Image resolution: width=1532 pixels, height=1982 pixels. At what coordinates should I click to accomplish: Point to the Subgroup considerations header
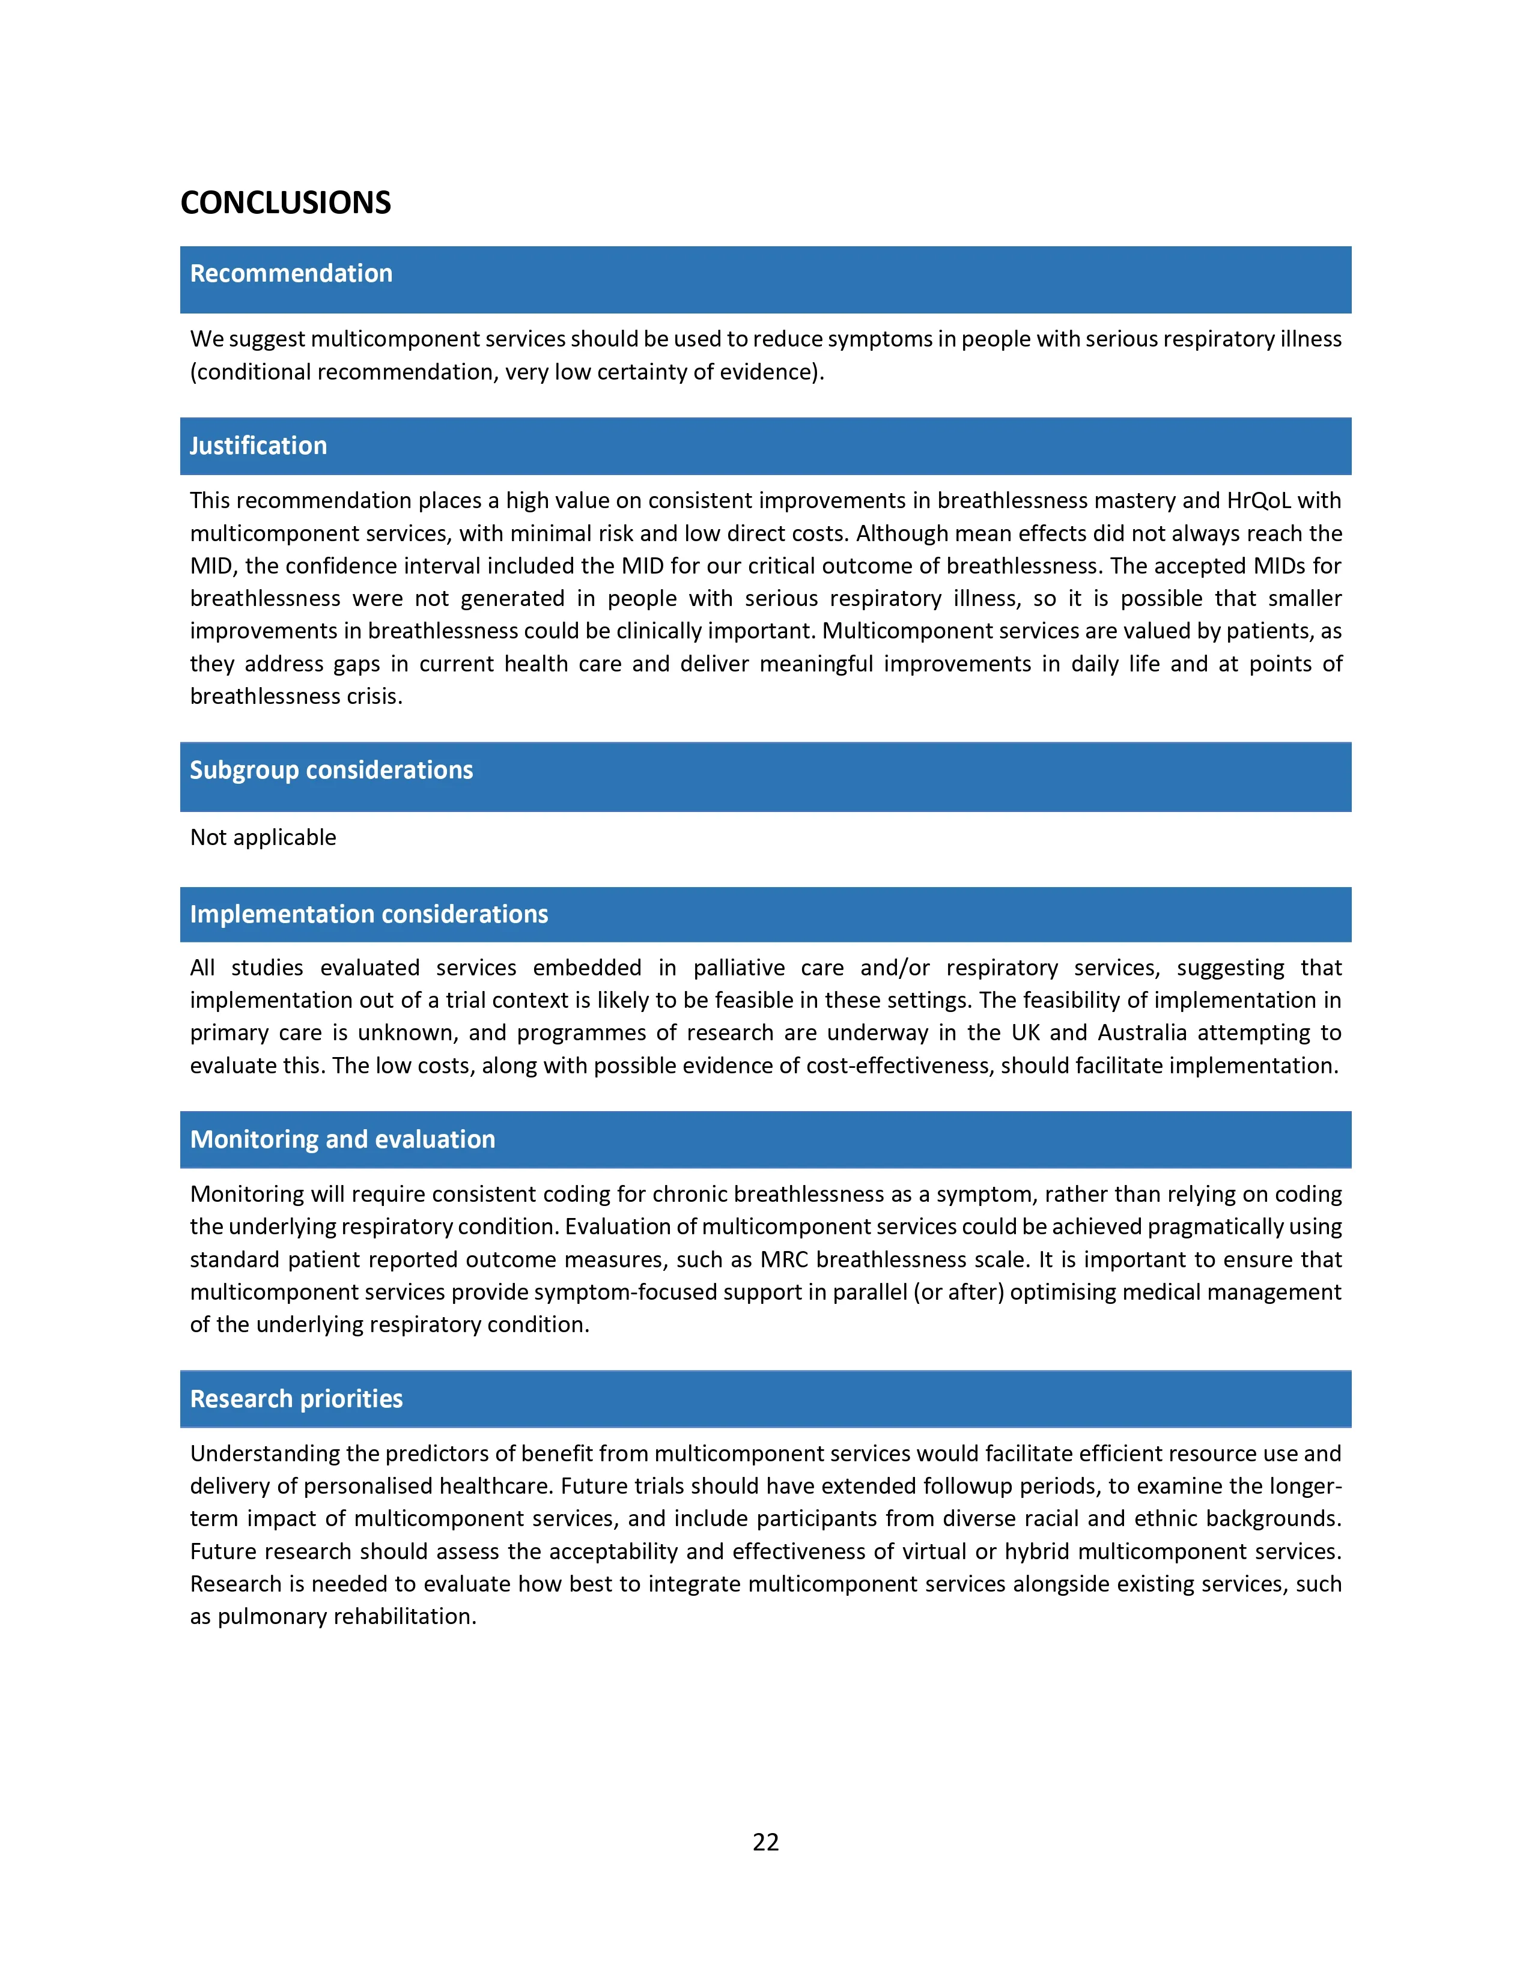pos(331,771)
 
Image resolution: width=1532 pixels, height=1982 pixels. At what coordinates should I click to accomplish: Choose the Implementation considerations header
pos(368,914)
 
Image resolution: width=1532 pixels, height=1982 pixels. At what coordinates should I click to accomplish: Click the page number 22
pos(765,1841)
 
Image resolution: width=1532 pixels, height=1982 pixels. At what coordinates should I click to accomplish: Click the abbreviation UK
pos(1026,1033)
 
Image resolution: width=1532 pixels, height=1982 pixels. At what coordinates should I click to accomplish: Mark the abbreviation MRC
pos(783,1259)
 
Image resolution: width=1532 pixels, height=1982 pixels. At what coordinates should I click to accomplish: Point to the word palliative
pos(739,968)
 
